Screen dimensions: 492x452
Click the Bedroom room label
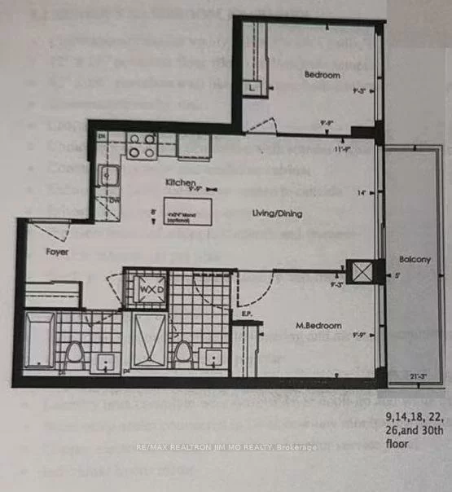322,75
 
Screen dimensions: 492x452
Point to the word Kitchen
179,183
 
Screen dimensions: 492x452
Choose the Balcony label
415,260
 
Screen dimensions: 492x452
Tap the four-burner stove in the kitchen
142,145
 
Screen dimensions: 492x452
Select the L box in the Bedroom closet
255,86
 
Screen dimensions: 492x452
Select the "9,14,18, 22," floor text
414,421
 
